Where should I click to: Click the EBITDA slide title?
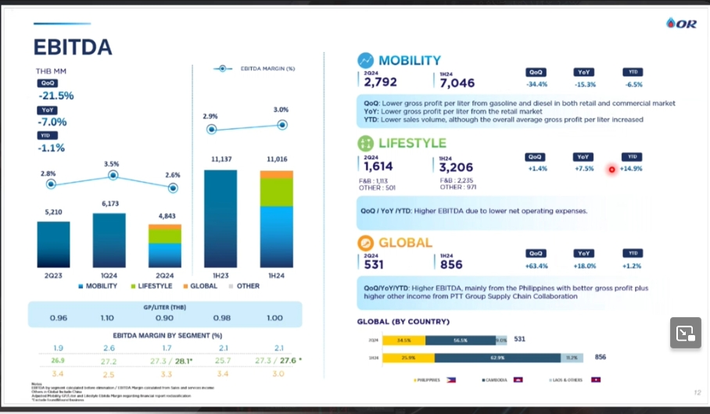coord(72,47)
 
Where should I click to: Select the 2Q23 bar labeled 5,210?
coord(53,244)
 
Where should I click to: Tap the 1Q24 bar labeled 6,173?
coord(109,240)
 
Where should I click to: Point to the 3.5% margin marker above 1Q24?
coord(113,176)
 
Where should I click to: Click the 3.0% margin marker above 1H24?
coord(281,124)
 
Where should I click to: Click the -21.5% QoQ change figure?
coord(56,96)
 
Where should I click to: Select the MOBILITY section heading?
coord(409,60)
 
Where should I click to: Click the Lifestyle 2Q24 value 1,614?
coord(378,166)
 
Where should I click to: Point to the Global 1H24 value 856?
coord(451,264)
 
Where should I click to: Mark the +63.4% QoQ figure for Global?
coord(537,266)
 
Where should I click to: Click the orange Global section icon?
coord(365,242)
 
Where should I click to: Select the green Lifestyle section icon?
coord(365,144)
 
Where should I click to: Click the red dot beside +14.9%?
coord(611,169)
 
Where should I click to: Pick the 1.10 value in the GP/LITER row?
coord(107,318)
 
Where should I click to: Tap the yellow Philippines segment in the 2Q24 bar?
coord(403,340)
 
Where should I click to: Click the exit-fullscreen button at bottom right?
coord(684,333)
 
